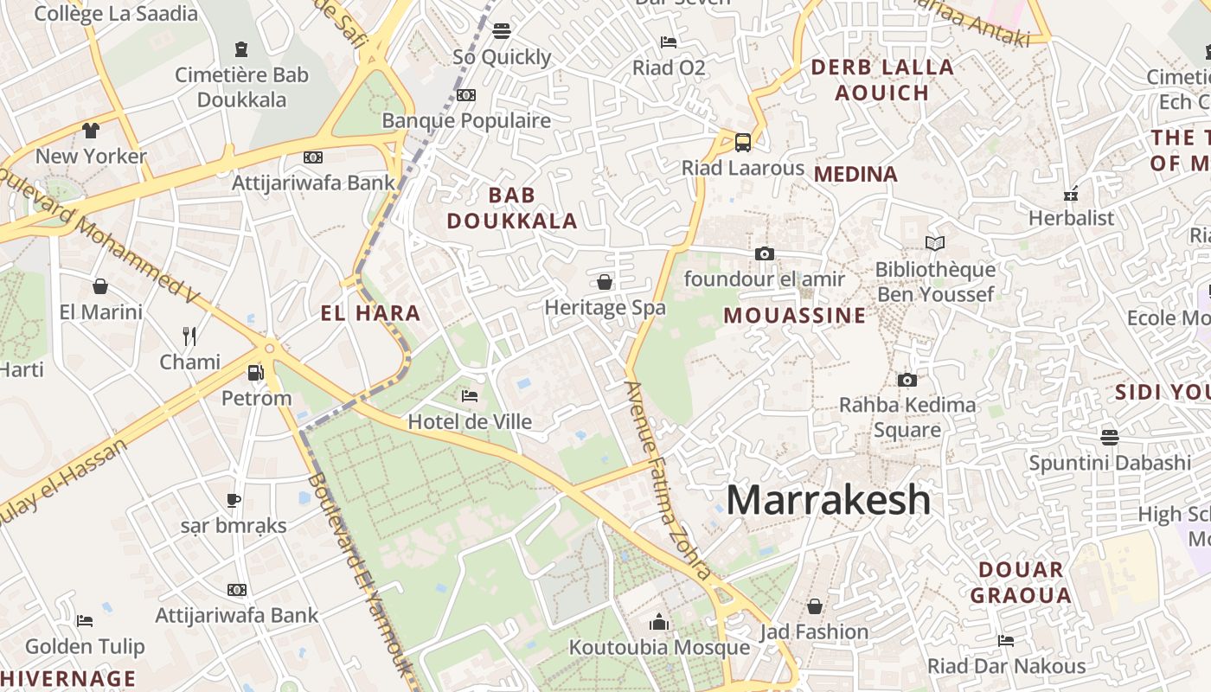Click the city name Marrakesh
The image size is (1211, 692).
tap(828, 500)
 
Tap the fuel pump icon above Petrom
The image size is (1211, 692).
tap(256, 373)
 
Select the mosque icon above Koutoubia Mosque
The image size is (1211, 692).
tap(659, 622)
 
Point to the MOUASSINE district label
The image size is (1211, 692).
tap(794, 316)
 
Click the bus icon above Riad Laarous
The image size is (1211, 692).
tap(742, 142)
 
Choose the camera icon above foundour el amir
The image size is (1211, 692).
tap(764, 253)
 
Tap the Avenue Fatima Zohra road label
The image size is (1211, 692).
tap(668, 480)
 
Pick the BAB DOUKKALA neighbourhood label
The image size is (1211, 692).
tap(511, 208)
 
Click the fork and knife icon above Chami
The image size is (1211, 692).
tap(189, 336)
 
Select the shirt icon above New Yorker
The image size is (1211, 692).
tap(91, 131)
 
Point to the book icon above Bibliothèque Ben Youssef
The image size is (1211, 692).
tap(934, 243)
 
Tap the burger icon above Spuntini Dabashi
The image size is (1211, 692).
tap(1110, 437)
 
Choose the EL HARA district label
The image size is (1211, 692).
tap(370, 313)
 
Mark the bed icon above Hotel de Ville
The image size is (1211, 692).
tap(470, 396)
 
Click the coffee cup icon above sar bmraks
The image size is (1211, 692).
tap(233, 499)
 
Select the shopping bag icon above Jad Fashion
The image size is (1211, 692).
tap(814, 605)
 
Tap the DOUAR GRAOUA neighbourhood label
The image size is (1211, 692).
tap(1021, 582)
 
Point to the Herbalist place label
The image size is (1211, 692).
tap(1071, 218)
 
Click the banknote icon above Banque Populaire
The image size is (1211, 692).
tap(466, 95)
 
